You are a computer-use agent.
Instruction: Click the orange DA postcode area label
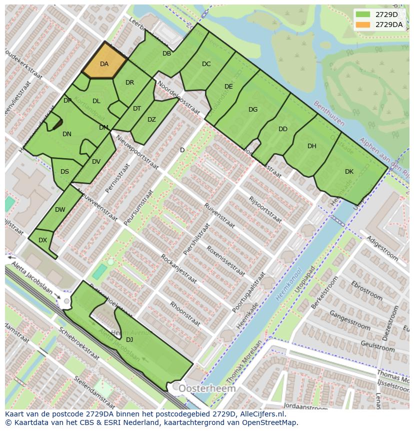(104, 64)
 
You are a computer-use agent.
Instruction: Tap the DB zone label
(166, 54)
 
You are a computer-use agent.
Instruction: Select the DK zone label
(349, 172)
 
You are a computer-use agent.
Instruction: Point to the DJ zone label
(129, 340)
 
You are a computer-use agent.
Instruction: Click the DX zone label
(42, 240)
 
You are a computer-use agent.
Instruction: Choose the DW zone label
(60, 210)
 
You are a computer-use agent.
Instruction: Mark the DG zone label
(253, 110)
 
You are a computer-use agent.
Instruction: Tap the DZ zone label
(151, 120)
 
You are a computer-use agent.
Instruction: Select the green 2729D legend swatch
(363, 15)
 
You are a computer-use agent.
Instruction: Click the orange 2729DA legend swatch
(363, 25)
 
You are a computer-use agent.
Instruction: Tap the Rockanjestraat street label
(178, 269)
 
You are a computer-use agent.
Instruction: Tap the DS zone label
(64, 172)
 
